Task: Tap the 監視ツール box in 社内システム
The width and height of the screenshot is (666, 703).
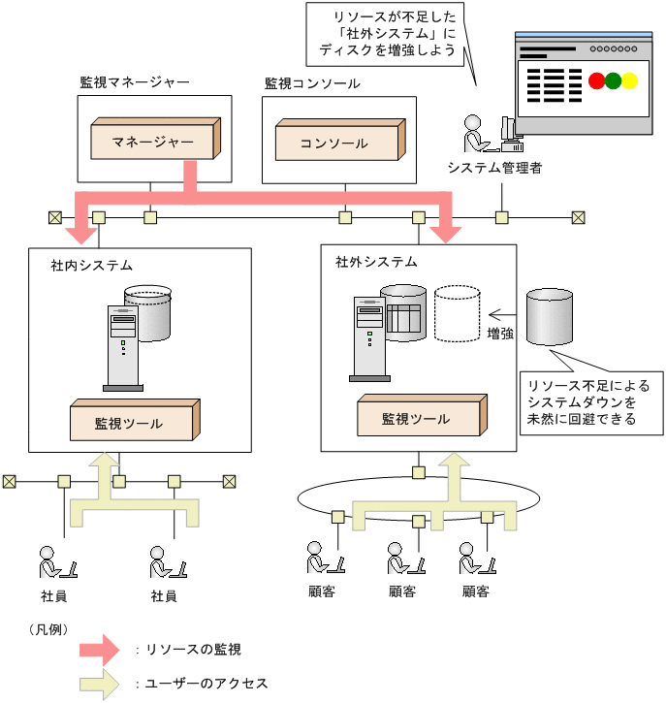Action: click(x=132, y=422)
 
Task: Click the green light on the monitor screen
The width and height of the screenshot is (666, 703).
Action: click(x=613, y=81)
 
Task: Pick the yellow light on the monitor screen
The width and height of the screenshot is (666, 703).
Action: click(x=629, y=81)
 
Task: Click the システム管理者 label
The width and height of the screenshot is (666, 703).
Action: click(x=494, y=168)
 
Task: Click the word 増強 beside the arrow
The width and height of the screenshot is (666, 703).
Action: click(x=501, y=334)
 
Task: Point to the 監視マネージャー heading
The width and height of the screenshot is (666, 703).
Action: click(x=135, y=83)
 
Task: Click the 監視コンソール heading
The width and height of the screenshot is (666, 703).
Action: click(x=312, y=83)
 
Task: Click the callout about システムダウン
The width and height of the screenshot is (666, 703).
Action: click(x=591, y=400)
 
